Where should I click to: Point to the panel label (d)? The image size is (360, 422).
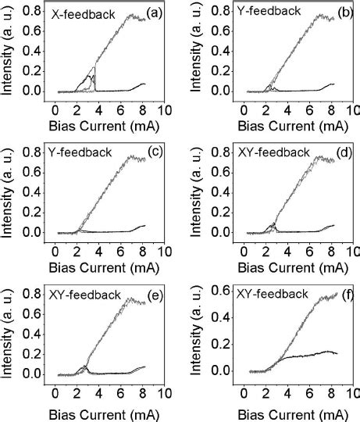coord(340,155)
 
